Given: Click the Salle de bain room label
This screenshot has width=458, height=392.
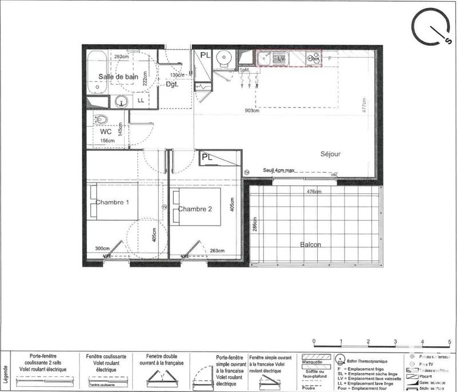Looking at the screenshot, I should (x=119, y=77).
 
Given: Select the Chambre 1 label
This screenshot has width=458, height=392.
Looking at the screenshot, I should (x=112, y=203).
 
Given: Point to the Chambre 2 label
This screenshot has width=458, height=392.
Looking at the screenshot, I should (x=195, y=209).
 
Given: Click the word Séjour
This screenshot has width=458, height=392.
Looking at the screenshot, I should (x=330, y=155).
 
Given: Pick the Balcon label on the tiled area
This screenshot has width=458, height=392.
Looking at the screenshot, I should (x=310, y=245).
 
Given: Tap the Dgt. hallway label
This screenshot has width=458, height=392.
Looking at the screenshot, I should (x=172, y=84).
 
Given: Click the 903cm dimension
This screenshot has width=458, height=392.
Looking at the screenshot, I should (x=253, y=110).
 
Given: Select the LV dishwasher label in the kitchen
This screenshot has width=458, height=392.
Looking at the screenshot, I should (x=281, y=58).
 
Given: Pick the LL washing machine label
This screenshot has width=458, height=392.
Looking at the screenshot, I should (x=140, y=101).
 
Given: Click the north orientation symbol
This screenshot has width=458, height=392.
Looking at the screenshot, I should (x=431, y=29).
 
